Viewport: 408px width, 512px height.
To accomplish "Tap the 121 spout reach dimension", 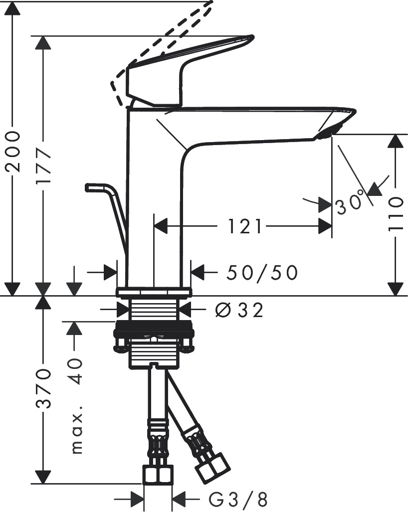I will pos(245,227).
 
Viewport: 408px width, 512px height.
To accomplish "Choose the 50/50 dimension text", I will pos(262,272).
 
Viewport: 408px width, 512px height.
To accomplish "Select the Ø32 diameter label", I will pos(239,311).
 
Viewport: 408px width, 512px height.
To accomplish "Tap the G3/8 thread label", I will pos(238,498).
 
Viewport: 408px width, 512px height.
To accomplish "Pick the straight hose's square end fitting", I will pos(158,475).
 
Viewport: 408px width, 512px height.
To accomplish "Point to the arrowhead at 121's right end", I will pos(326,227).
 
